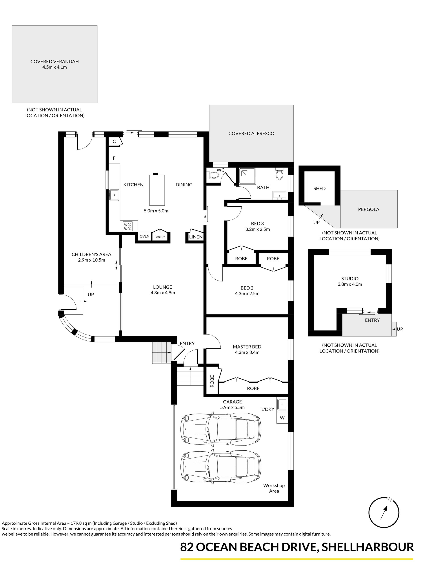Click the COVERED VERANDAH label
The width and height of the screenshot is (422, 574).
pos(55,62)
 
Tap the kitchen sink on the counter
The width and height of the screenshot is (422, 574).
pos(115,195)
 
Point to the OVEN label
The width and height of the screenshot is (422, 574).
pos(144,236)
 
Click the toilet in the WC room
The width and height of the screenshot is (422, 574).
pos(213,175)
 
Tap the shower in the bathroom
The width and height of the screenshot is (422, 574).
pos(247,176)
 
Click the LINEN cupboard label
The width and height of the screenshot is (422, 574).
pos(196,237)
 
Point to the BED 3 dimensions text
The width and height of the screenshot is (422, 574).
pos(258,229)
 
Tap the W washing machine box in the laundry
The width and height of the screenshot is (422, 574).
pos(282,418)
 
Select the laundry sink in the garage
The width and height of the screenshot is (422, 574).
pos(282,404)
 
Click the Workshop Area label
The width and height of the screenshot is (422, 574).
pos(274,488)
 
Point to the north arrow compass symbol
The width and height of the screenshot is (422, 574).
pos(384,513)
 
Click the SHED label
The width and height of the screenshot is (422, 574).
pos(319,189)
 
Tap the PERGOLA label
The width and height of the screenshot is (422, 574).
pos(368,209)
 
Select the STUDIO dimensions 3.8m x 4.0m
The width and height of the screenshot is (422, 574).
pos(350,284)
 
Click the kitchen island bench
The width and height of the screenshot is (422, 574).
pos(157,190)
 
